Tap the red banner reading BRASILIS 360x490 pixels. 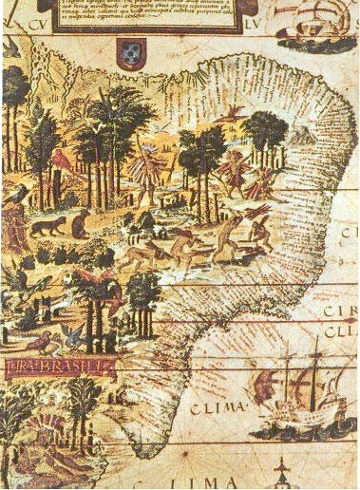tap(58, 365)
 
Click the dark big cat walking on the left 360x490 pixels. tap(45, 226)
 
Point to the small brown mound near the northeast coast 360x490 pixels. tap(304, 137)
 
